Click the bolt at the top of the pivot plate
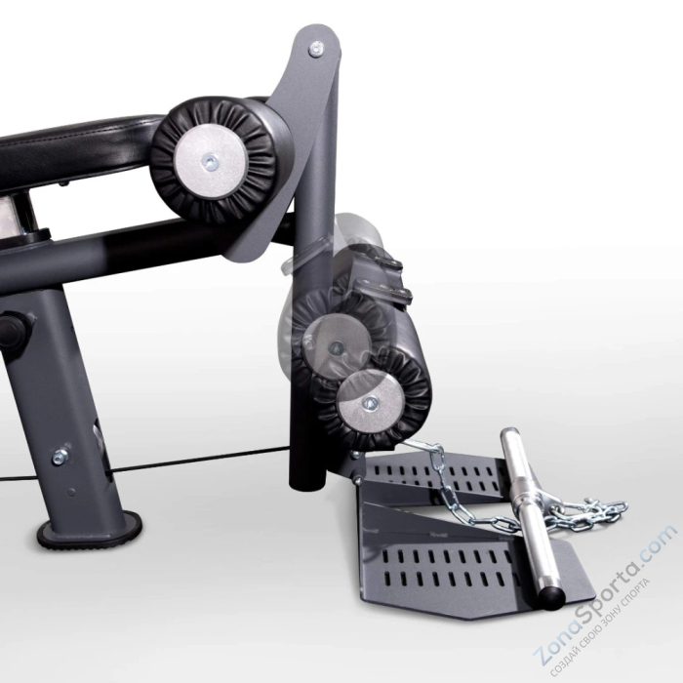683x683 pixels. tap(315, 47)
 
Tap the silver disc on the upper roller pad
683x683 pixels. tap(211, 163)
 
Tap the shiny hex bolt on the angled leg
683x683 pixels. tap(60, 454)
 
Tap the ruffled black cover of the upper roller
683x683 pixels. tap(254, 137)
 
